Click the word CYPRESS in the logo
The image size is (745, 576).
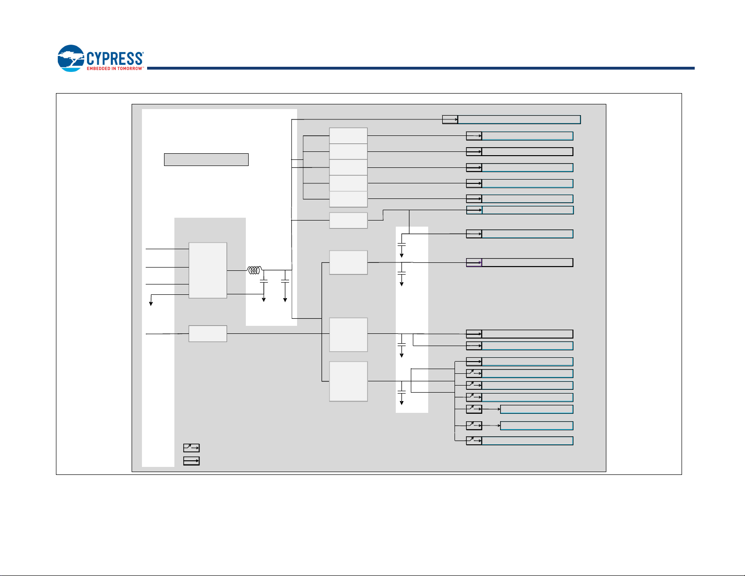pos(115,58)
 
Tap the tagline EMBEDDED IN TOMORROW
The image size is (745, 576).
pos(115,69)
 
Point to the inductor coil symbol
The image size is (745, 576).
pos(254,270)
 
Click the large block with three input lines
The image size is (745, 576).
pos(208,270)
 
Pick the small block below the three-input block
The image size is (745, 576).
pos(208,333)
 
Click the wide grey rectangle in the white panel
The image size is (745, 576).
pos(206,159)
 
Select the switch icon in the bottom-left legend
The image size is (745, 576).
pos(191,448)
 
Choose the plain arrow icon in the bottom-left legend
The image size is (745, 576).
pos(191,461)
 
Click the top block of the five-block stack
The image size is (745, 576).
pos(348,135)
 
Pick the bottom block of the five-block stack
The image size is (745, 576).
pos(348,199)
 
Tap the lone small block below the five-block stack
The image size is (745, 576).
pos(348,220)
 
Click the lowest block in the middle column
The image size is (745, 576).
pos(348,381)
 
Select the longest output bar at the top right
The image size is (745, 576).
pos(519,119)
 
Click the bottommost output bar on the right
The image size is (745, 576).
pos(527,441)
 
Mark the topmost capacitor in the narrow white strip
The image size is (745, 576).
pos(401,245)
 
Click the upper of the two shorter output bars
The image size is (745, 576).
pos(536,409)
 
